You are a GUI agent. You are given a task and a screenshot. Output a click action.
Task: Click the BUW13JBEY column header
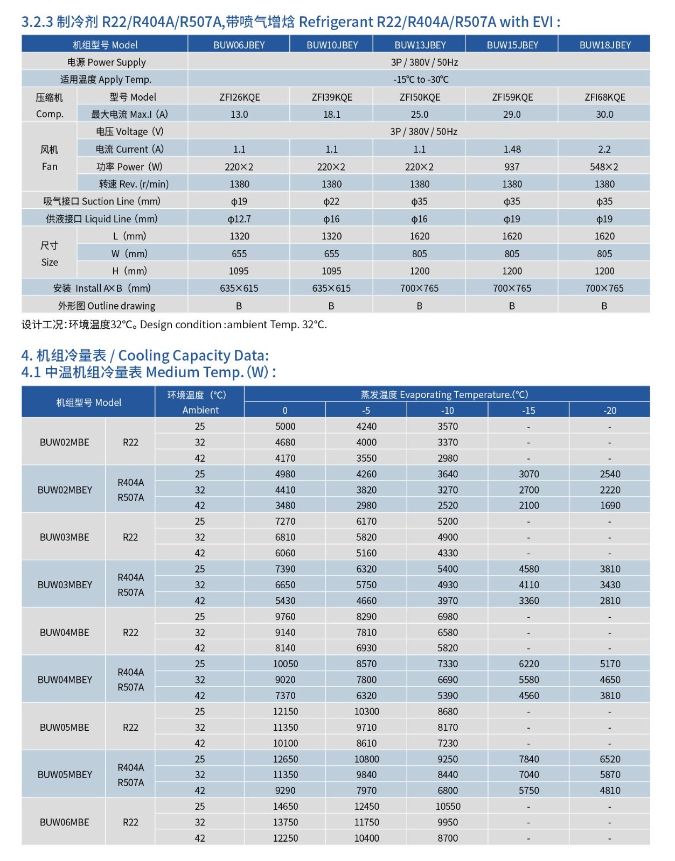420,45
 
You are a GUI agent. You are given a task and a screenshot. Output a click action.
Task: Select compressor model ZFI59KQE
512,97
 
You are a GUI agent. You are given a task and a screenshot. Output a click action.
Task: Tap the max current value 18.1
332,115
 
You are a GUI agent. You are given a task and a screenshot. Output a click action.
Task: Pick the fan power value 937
512,167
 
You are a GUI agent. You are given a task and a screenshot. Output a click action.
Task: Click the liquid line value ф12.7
239,219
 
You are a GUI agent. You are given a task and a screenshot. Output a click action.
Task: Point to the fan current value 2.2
604,150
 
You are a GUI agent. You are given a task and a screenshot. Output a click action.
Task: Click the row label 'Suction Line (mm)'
102,202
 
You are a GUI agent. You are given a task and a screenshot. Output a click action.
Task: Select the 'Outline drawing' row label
107,306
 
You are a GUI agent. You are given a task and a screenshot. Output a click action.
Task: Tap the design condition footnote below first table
174,325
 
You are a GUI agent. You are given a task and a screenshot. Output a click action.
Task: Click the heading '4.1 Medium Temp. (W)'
148,372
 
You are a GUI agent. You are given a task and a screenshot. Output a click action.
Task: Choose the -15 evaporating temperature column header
528,411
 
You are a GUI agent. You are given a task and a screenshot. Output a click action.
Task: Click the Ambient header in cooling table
200,410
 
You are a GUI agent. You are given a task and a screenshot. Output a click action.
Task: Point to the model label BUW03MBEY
65,585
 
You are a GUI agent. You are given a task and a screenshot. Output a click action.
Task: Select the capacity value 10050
285,664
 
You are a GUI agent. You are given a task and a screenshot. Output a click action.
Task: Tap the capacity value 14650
285,807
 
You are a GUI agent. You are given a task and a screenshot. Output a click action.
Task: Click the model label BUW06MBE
65,822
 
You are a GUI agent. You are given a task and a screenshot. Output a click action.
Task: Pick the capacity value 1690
610,506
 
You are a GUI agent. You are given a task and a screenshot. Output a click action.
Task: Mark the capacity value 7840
528,759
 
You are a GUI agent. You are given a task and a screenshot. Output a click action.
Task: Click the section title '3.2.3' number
37,22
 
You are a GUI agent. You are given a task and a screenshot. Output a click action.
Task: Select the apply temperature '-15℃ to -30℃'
421,80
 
